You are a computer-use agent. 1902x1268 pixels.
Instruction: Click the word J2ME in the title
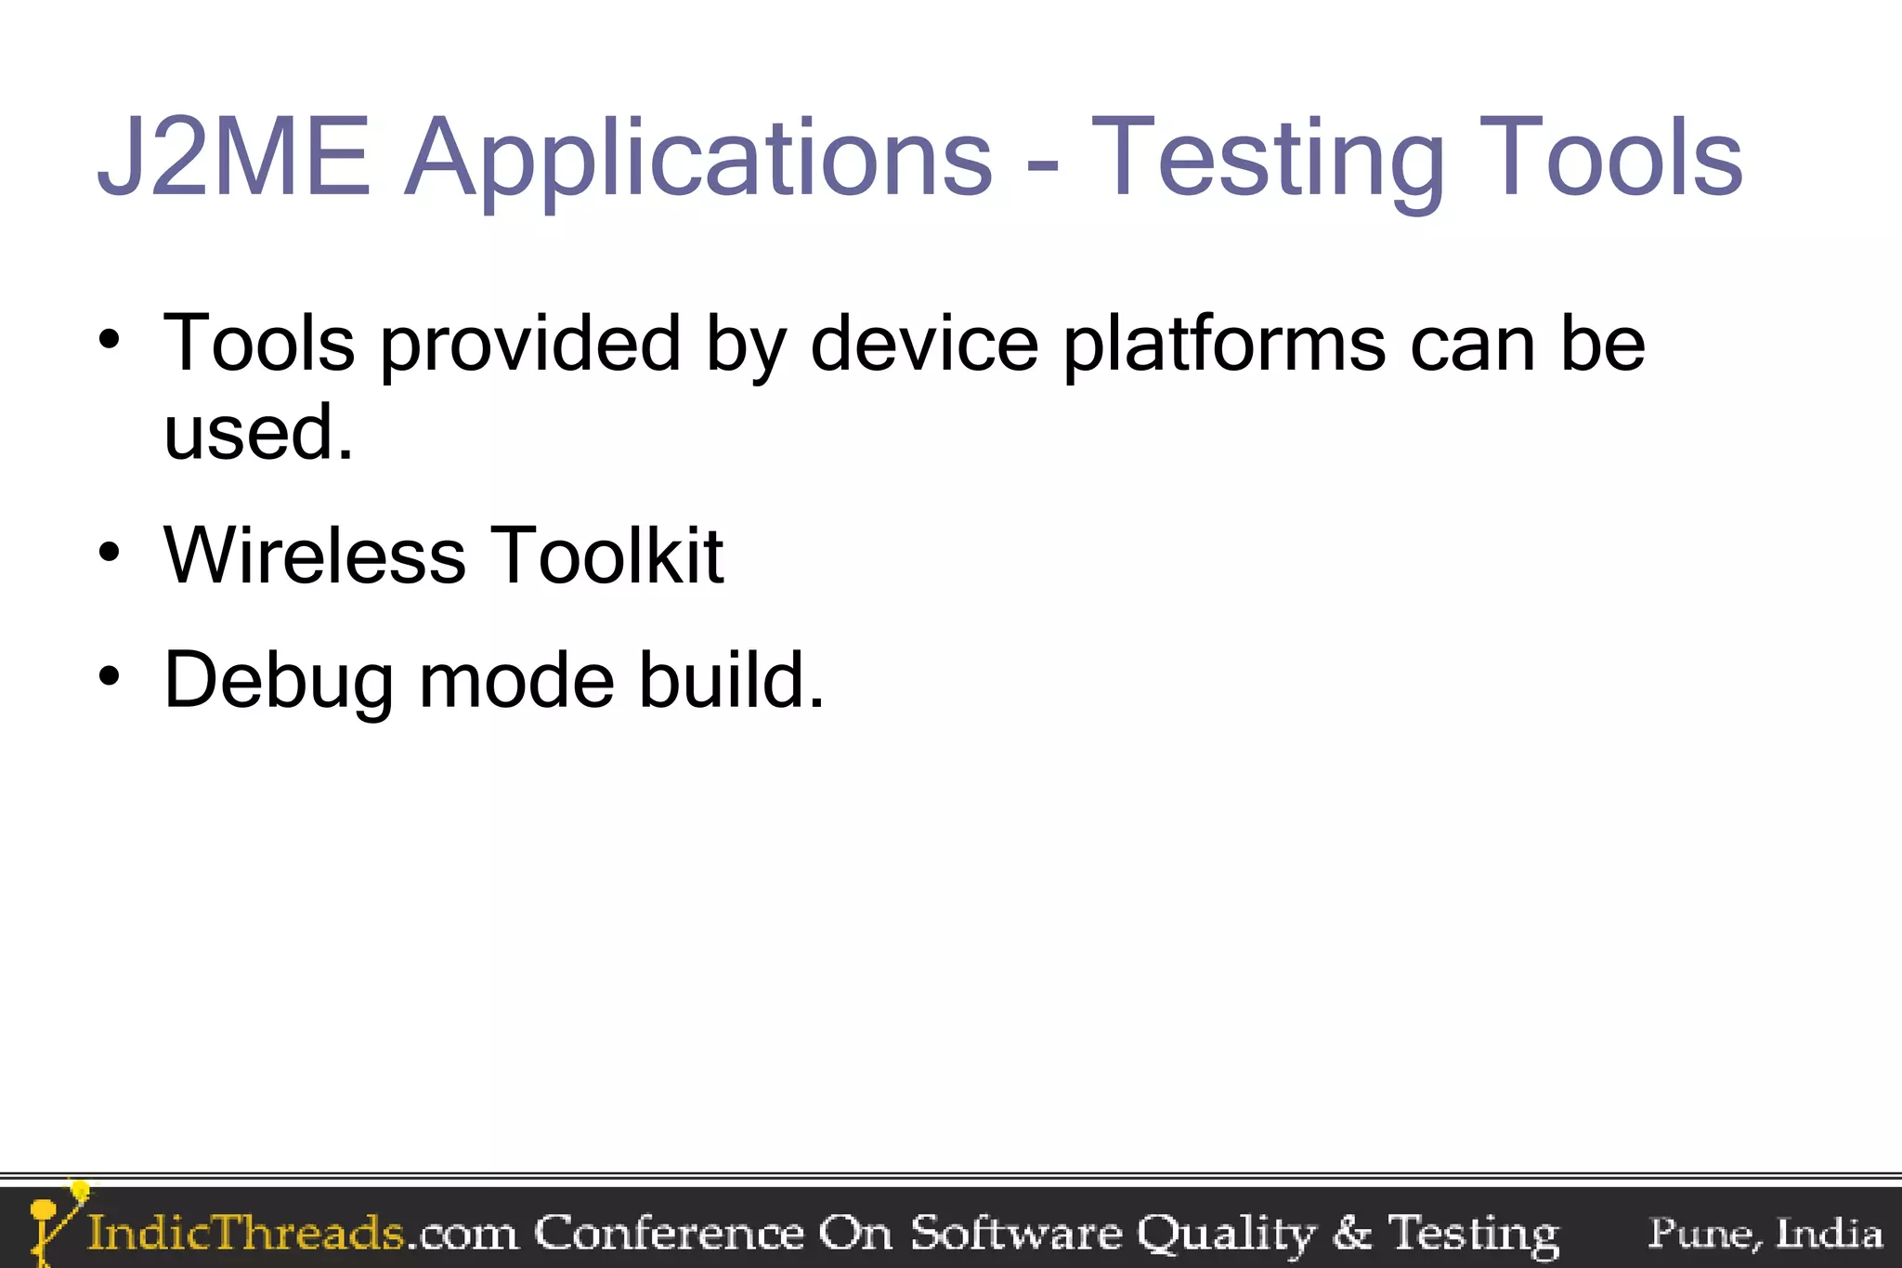click(233, 157)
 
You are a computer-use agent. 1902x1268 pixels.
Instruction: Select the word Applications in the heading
click(698, 160)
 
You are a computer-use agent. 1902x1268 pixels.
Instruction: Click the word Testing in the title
click(1268, 160)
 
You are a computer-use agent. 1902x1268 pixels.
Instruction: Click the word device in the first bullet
click(924, 343)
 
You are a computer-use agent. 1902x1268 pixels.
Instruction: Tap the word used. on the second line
click(258, 432)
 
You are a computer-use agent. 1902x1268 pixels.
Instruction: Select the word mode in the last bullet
click(516, 680)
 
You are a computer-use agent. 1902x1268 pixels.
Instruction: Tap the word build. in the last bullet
click(731, 680)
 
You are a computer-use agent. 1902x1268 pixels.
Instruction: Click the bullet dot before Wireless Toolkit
click(110, 554)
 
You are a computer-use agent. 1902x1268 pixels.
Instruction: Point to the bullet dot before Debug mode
click(110, 677)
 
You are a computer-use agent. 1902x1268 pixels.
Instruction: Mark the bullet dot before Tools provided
click(110, 340)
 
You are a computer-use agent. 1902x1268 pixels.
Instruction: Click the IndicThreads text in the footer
click(246, 1233)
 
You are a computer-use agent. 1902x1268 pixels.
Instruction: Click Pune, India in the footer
click(1765, 1234)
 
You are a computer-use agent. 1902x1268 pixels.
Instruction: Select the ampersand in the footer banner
click(1352, 1234)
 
